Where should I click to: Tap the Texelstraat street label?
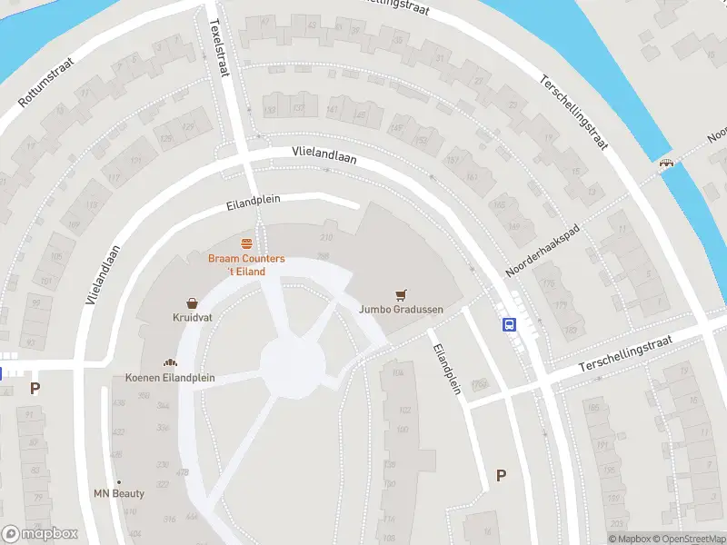pyautogui.click(x=218, y=49)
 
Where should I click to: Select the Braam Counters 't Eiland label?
pyautogui.click(x=246, y=264)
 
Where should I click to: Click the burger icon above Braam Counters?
pyautogui.click(x=246, y=243)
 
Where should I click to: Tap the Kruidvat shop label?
pyautogui.click(x=193, y=318)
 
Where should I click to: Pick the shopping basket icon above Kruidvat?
pyautogui.click(x=193, y=303)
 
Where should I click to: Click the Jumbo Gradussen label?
pyautogui.click(x=400, y=309)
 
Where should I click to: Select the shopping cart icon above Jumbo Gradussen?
pyautogui.click(x=400, y=294)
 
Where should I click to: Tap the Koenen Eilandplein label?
pyautogui.click(x=170, y=377)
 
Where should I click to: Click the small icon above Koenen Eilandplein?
pyautogui.click(x=170, y=362)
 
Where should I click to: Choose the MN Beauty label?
pyautogui.click(x=119, y=493)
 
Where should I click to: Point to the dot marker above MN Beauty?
pyautogui.click(x=119, y=481)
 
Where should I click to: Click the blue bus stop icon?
pyautogui.click(x=509, y=324)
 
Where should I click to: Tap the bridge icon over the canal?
pyautogui.click(x=667, y=163)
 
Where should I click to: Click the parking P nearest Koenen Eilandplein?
pyautogui.click(x=35, y=388)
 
